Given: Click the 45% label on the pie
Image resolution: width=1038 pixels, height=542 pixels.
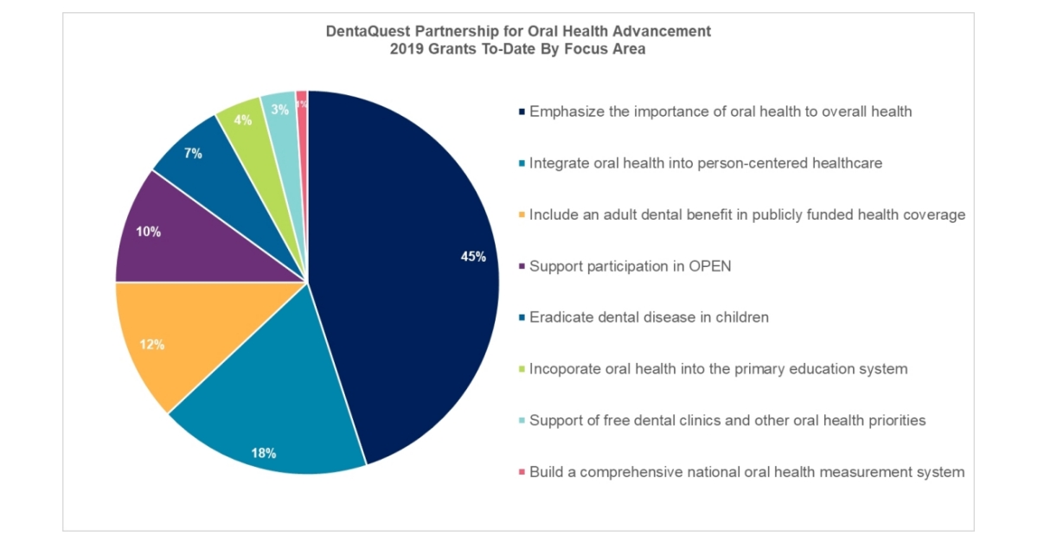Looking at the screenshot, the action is click(473, 257).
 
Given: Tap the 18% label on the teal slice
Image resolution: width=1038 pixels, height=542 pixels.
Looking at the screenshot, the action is click(264, 453).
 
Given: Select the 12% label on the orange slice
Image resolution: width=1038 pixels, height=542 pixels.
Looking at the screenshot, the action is click(152, 345).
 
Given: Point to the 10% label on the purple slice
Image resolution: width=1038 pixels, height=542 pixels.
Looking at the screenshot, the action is click(148, 232).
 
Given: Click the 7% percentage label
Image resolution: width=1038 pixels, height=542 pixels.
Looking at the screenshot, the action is click(193, 153).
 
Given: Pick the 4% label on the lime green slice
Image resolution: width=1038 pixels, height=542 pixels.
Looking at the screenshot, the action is click(243, 120).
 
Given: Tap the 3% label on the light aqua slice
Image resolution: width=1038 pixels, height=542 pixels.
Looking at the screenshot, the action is click(280, 110).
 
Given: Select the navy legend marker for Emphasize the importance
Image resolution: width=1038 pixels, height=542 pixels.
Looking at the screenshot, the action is click(522, 112).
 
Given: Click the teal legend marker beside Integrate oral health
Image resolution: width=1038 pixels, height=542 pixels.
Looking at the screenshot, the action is click(522, 163).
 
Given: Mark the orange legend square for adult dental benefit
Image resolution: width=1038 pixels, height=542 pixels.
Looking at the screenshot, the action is click(522, 215).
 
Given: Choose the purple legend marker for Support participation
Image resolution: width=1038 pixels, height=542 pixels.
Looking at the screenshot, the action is click(522, 266).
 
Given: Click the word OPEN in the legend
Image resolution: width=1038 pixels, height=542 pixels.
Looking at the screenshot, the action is click(710, 266).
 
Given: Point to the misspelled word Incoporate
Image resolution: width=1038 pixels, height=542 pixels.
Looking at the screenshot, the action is click(564, 369).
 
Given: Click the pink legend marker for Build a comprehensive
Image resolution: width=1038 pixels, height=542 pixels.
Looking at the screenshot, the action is click(522, 472).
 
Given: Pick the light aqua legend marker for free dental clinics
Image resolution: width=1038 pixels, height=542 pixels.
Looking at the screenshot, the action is click(522, 421).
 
